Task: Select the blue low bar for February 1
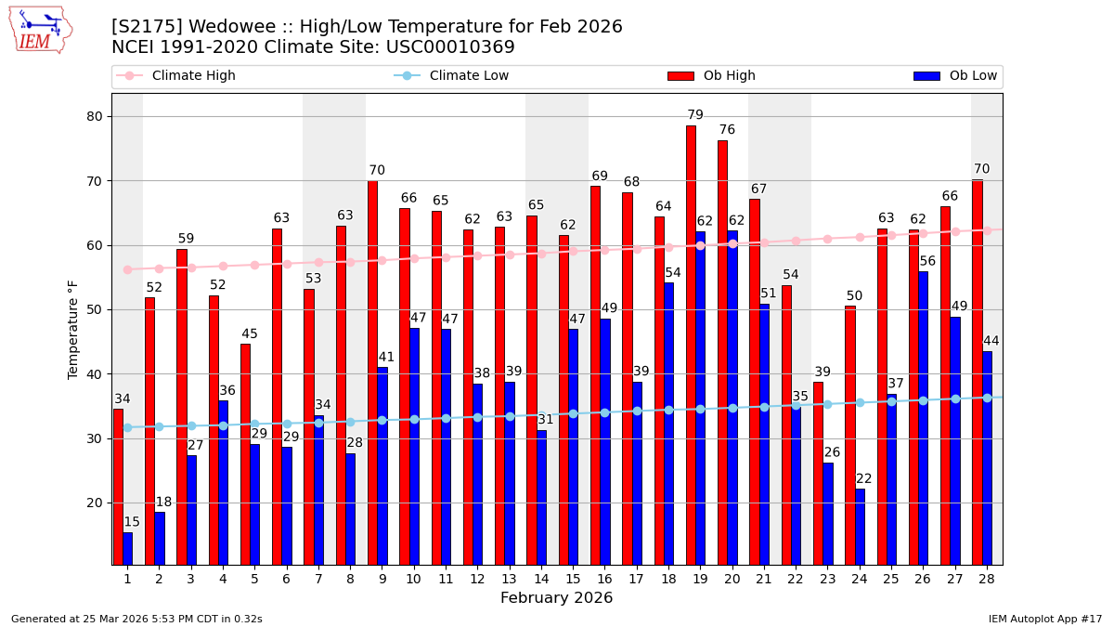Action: coord(127,548)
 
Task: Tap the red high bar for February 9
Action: coord(372,372)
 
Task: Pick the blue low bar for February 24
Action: coord(860,526)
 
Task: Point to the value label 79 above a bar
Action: coord(695,115)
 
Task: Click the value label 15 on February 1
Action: coord(132,522)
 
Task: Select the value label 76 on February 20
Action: coord(727,130)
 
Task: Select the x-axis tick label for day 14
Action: coord(541,579)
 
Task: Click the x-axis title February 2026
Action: coord(556,598)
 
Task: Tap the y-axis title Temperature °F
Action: coord(74,329)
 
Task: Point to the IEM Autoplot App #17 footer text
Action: coord(1045,619)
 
